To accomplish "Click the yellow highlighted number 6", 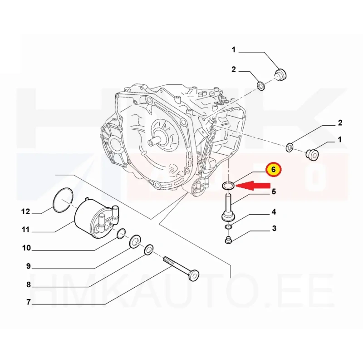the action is (274, 170).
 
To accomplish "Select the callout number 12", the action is (26, 211).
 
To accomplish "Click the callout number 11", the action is (26, 230).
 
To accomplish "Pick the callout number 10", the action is (26, 248).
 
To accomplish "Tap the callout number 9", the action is (29, 266).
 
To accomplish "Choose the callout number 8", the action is (29, 285).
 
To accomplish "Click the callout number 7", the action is (29, 302).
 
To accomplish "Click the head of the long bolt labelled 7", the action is (193, 275).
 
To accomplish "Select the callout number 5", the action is (274, 191).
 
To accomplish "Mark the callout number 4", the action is (274, 212).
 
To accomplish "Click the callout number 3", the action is (275, 229).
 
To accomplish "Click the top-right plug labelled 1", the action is (280, 74).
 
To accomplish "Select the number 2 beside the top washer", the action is (233, 69).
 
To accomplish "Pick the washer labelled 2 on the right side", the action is (289, 147).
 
